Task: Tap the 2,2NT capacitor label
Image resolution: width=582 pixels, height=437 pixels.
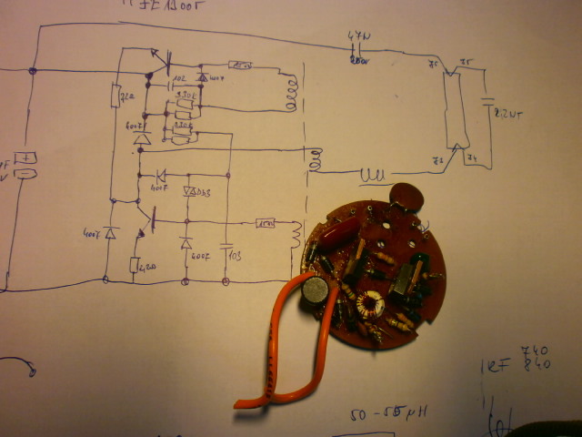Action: click(x=506, y=116)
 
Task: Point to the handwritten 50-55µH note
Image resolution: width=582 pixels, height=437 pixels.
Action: click(x=389, y=414)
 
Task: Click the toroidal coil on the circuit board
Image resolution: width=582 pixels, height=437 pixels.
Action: click(x=371, y=307)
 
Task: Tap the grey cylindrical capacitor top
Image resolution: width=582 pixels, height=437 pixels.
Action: click(x=315, y=290)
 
